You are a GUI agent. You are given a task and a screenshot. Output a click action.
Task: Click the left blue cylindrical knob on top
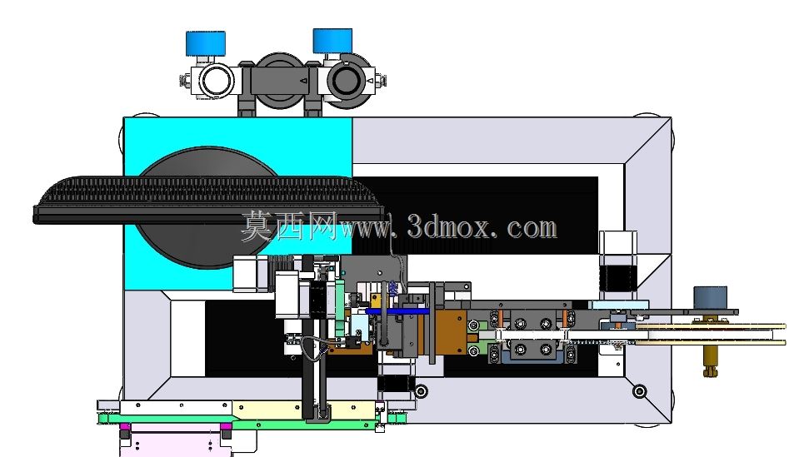click(x=206, y=43)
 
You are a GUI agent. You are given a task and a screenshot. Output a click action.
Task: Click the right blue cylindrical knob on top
click(x=332, y=41)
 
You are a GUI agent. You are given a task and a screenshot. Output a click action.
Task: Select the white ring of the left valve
click(x=217, y=82)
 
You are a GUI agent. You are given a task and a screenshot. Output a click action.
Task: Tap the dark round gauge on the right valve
click(x=346, y=81)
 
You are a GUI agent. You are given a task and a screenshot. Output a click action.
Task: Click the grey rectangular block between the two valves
click(x=279, y=82)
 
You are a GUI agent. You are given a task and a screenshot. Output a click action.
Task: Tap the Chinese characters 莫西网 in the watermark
click(x=289, y=226)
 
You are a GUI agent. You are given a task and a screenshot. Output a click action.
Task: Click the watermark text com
click(x=532, y=228)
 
